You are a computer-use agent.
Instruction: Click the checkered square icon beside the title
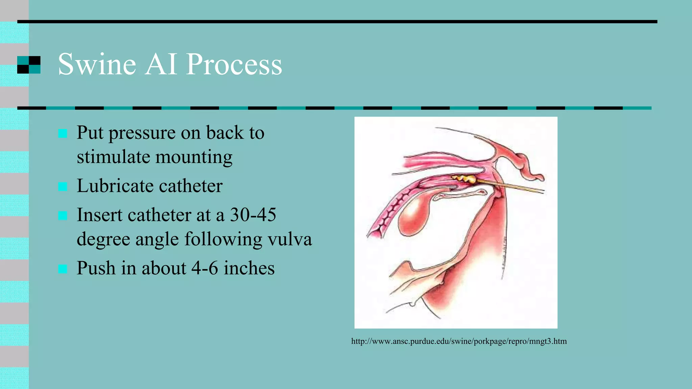click(x=29, y=65)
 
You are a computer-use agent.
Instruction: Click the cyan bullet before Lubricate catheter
click(x=63, y=186)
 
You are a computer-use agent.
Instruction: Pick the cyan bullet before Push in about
click(x=63, y=269)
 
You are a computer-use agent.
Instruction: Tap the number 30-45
click(x=253, y=215)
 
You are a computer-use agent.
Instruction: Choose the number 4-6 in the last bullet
click(x=204, y=268)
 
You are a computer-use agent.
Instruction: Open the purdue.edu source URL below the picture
click(x=459, y=341)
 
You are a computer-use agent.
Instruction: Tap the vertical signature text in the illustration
click(x=504, y=257)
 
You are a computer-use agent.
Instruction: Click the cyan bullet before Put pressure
click(x=63, y=133)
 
